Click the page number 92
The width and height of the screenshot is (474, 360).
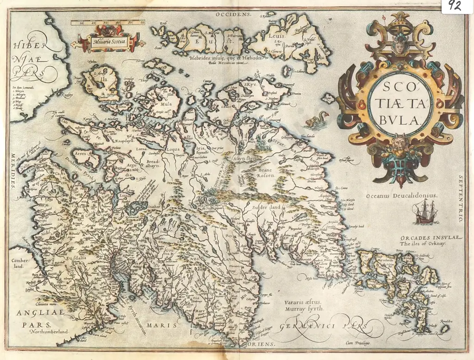point(455,6)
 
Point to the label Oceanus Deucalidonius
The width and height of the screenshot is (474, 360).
point(401,196)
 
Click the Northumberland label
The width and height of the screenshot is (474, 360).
point(48,332)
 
